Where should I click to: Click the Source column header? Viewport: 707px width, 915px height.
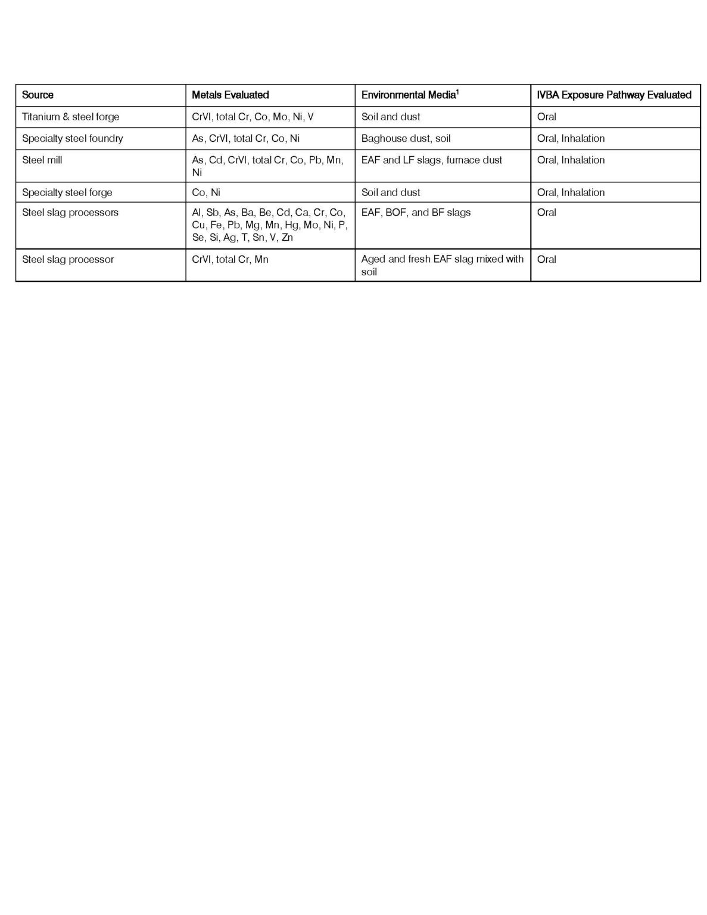(38, 95)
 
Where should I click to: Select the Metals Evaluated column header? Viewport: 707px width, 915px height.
(230, 95)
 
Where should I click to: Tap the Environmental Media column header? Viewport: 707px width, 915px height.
(408, 95)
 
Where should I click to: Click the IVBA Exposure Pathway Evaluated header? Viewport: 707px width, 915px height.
(613, 95)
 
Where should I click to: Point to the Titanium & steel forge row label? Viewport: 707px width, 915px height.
(70, 117)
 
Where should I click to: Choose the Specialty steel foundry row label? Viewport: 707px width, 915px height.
(72, 138)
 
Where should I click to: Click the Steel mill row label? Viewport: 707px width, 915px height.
(42, 160)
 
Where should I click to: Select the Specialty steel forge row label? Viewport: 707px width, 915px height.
(67, 192)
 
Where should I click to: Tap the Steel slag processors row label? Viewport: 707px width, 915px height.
(70, 212)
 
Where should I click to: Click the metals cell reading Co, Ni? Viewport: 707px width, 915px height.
(206, 192)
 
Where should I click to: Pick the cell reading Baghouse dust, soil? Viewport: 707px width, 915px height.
(406, 138)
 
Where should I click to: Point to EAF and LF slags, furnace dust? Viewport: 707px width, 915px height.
(431, 160)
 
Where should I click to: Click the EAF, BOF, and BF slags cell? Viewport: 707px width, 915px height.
(416, 212)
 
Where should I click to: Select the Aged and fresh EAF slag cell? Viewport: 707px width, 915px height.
(442, 265)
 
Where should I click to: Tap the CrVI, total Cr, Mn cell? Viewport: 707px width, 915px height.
(230, 259)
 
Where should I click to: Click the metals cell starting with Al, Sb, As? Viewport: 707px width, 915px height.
(269, 225)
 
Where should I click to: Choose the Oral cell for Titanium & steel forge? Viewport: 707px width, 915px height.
(546, 117)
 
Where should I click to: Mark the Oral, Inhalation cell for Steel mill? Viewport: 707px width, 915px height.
(571, 160)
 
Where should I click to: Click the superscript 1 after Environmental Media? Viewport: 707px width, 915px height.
(457, 91)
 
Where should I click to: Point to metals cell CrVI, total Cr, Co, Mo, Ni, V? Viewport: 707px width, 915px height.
(253, 117)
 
